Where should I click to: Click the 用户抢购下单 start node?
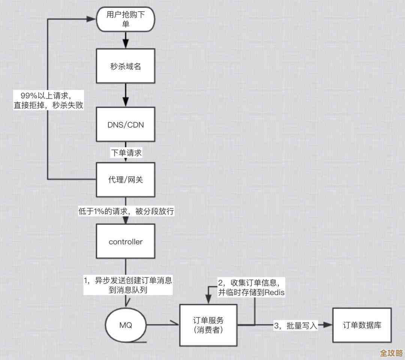coord(125,19)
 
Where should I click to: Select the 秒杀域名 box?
coord(125,66)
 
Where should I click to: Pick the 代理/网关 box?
coord(125,179)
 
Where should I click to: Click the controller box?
coord(125,242)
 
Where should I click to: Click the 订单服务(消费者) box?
coord(208,325)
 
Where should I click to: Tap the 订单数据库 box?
coord(362,325)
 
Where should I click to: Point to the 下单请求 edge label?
coord(126,153)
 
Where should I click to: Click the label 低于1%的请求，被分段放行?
coord(126,211)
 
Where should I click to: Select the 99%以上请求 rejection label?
coord(47,100)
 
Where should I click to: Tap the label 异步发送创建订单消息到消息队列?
coord(127,285)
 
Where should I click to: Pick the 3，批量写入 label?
coord(296,325)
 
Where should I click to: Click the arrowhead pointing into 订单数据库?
coord(328,325)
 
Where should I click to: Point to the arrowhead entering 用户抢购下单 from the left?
coord(92,18)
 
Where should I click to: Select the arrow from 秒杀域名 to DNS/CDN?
coord(125,96)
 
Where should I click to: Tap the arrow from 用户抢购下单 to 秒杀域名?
coord(125,39)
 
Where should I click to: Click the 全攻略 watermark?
coord(391,353)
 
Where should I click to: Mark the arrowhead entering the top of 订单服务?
coord(208,300)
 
